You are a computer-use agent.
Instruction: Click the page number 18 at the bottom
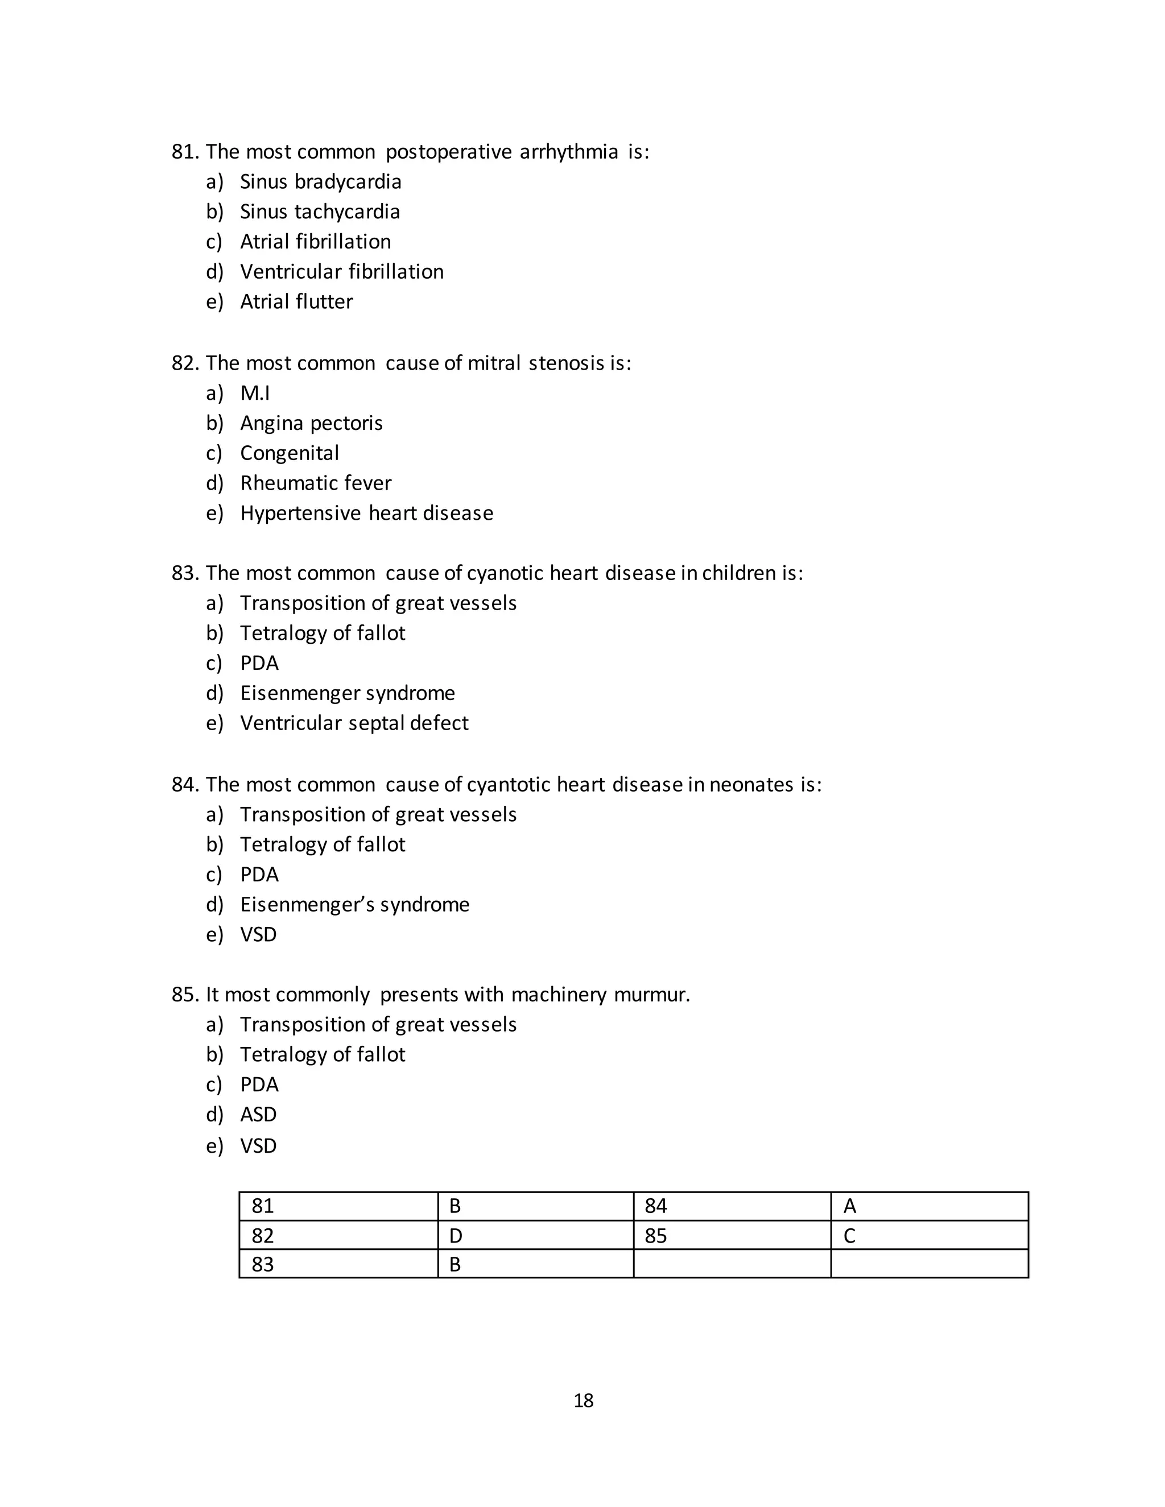[583, 1400]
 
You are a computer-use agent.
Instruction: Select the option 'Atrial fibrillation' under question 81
[315, 242]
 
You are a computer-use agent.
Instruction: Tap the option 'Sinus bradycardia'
[320, 181]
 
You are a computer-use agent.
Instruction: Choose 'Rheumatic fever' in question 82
[315, 483]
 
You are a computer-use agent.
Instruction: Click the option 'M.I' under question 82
[255, 394]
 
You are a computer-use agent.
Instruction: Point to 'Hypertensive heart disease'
[366, 514]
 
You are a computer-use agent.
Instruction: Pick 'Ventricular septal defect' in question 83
[354, 723]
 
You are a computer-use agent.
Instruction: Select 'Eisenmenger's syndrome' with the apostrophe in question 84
[355, 905]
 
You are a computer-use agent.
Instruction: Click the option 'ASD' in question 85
[258, 1115]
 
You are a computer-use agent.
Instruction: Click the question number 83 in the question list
[185, 573]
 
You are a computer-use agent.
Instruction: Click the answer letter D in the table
[456, 1236]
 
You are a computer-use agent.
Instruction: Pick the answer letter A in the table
[850, 1206]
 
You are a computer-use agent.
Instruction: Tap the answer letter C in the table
[850, 1236]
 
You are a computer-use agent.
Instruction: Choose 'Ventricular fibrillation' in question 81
[342, 272]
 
